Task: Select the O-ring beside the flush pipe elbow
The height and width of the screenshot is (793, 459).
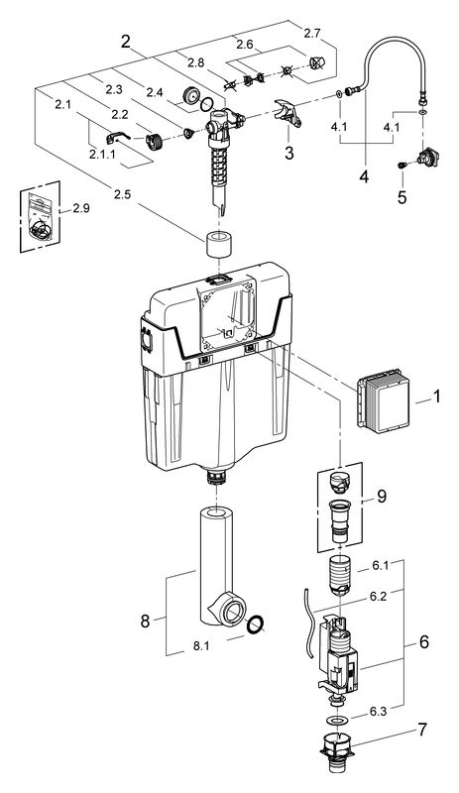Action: point(255,624)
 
